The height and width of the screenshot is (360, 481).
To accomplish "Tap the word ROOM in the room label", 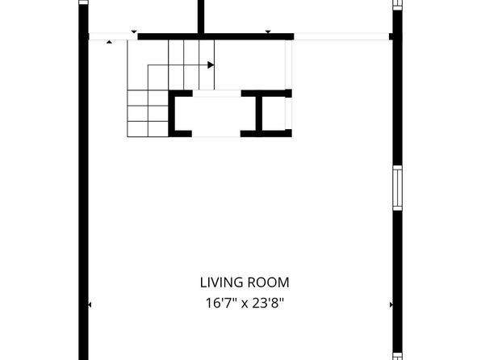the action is pyautogui.click(x=269, y=283).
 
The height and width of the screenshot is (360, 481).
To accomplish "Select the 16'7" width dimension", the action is pyautogui.click(x=221, y=303).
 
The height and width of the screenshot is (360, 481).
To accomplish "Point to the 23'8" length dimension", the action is pyautogui.click(x=268, y=303).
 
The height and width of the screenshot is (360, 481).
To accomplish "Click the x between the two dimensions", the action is pyautogui.click(x=245, y=304).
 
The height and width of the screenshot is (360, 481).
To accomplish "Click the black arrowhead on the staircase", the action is pyautogui.click(x=211, y=65).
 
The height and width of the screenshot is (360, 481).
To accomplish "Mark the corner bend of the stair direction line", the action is pyautogui.click(x=148, y=65).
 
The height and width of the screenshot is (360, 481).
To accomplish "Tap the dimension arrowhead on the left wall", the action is pyautogui.click(x=90, y=305).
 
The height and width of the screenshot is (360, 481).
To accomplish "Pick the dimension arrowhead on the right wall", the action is pyautogui.click(x=391, y=305).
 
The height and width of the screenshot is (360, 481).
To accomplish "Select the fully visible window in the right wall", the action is pyautogui.click(x=398, y=188).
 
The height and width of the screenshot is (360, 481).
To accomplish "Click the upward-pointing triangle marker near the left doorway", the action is pyautogui.click(x=109, y=42).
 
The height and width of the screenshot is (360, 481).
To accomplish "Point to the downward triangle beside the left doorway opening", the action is pyautogui.click(x=134, y=32).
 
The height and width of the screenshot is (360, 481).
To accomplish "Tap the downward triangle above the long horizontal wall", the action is pyautogui.click(x=268, y=32).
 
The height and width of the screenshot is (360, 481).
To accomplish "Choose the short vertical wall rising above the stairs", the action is pyautogui.click(x=201, y=17).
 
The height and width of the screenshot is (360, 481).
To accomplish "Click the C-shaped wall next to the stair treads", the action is pyautogui.click(x=171, y=114).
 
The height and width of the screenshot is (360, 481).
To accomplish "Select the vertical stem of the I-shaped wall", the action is pyautogui.click(x=259, y=114).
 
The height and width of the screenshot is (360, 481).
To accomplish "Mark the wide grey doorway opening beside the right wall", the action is pyautogui.click(x=341, y=36).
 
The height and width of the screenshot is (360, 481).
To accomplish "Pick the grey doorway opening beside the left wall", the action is pyautogui.click(x=113, y=36).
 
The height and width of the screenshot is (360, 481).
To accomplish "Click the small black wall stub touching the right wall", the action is pyautogui.click(x=391, y=36).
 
